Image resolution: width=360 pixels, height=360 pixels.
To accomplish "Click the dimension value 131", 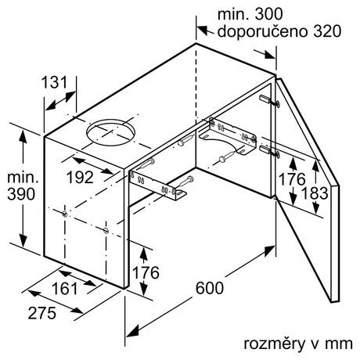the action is point(55,82).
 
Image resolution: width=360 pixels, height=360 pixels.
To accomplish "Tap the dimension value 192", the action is point(80,178).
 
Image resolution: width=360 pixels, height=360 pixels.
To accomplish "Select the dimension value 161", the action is point(65,289).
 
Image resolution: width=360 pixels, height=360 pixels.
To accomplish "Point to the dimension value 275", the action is point(42,313).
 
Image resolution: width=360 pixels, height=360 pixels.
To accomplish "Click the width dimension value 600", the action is point(210,288).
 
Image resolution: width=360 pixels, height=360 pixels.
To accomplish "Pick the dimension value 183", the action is point(315,193).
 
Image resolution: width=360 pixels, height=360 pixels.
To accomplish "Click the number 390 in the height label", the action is point(21,194).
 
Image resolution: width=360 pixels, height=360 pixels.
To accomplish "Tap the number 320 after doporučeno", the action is point(327,31).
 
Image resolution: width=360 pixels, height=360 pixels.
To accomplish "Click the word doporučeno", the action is point(263,31).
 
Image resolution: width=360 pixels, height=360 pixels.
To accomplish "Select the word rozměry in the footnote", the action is point(275,344).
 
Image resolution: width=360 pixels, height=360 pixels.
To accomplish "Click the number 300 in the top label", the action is point(268,14).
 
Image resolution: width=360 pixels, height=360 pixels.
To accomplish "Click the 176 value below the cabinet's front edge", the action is point(146,272).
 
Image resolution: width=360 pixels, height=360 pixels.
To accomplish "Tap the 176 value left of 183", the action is point(292,179).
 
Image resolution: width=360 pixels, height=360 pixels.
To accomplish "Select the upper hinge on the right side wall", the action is point(270,101).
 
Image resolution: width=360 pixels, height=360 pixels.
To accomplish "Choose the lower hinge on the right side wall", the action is point(270,151).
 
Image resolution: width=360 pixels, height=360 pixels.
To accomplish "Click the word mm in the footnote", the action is point(339,344).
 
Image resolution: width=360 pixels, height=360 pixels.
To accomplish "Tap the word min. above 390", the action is point(23,178).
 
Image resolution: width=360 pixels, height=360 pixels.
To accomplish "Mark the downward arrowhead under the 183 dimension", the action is point(316,208).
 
